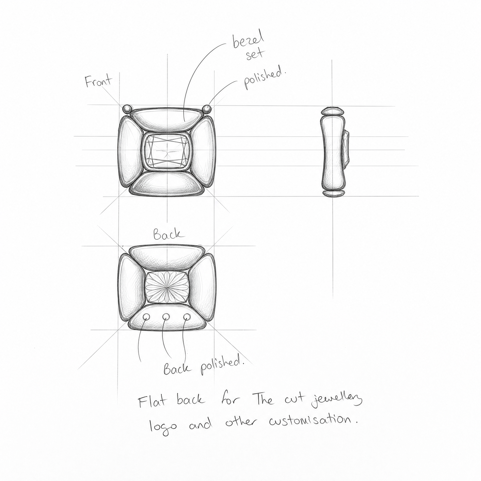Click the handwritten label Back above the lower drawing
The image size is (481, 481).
(x=169, y=235)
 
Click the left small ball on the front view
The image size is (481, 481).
(x=127, y=109)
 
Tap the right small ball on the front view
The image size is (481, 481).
(x=207, y=109)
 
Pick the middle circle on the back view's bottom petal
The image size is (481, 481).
(x=166, y=317)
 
